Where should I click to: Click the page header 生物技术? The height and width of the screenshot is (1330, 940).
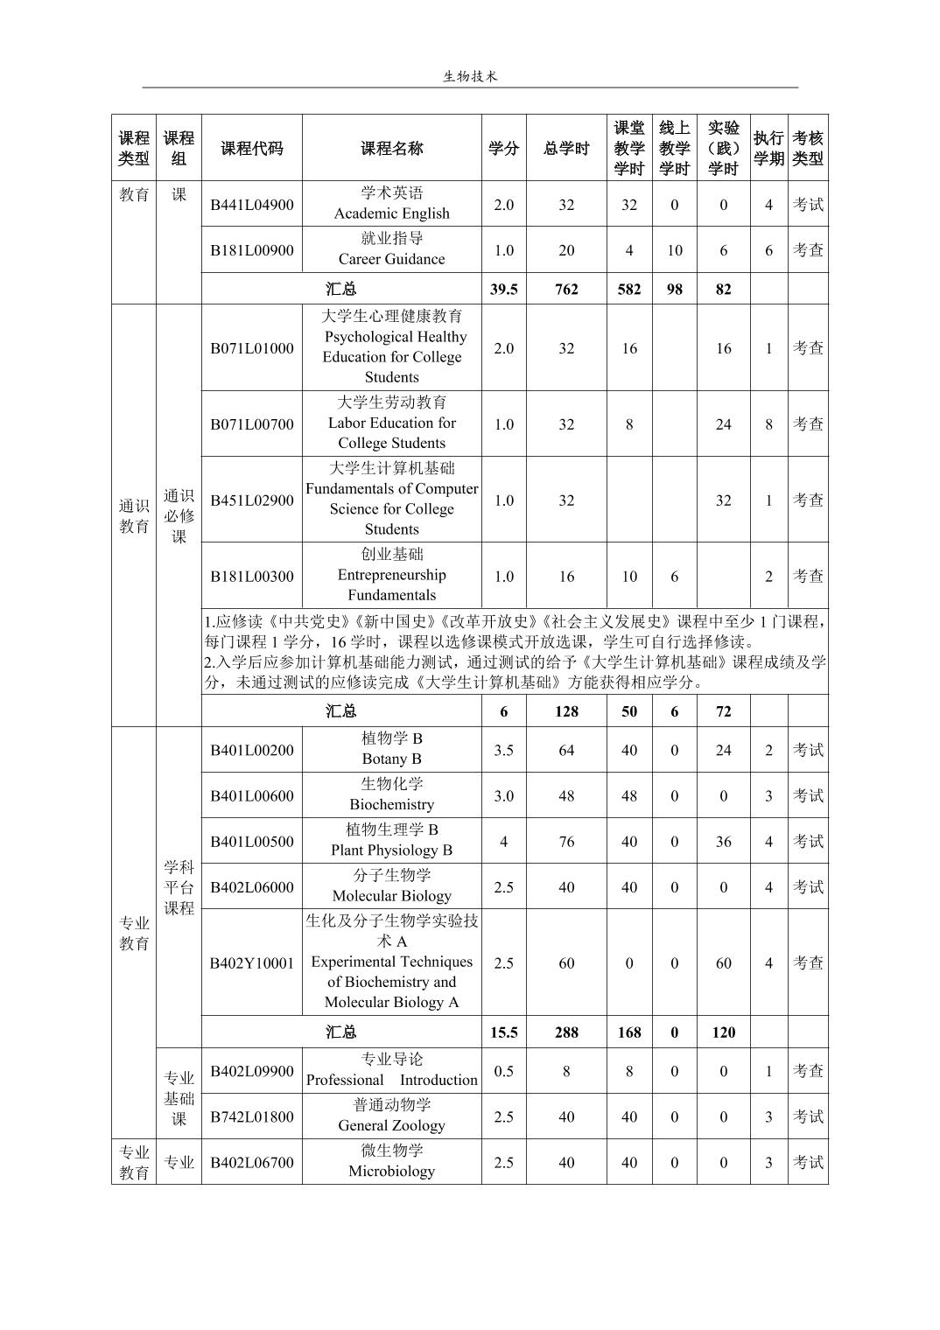470,76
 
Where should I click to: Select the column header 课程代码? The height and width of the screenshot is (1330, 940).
251,148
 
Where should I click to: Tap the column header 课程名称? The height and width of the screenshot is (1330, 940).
391,148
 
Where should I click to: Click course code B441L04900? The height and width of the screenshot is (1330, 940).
251,205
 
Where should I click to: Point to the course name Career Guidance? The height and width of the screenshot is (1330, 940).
391,259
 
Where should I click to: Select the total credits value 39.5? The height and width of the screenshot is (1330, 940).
503,289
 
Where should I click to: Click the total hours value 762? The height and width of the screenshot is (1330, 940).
566,289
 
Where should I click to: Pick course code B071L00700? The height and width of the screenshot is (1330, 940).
251,423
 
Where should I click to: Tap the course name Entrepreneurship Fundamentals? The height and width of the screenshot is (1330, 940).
391,584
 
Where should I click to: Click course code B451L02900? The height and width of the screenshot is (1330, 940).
251,500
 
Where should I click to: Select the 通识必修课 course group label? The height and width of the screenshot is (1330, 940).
179,516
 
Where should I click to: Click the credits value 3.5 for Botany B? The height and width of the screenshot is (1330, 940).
503,750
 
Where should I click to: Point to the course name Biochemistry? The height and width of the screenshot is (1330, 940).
391,804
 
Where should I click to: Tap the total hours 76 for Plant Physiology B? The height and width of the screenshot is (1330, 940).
566,841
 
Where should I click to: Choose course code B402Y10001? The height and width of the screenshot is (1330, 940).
251,962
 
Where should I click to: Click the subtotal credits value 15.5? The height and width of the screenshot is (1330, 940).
503,1032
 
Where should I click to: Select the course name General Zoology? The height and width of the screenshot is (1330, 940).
391,1125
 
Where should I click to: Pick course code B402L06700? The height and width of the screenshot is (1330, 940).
251,1162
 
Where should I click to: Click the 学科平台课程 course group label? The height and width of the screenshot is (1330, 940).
179,887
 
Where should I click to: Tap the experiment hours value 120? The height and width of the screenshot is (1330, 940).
723,1032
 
